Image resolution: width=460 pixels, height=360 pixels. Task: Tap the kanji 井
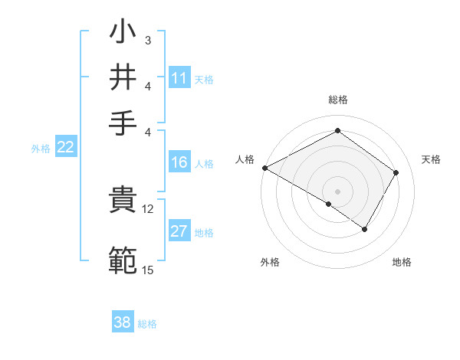pyautogui.click(x=123, y=78)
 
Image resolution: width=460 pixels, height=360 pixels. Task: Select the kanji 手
pyautogui.click(x=123, y=122)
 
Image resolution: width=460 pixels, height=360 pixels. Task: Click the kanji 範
pyautogui.click(x=123, y=260)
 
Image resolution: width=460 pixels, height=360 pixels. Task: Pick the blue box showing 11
pyautogui.click(x=179, y=78)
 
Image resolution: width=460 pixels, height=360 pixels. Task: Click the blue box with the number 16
pyautogui.click(x=179, y=162)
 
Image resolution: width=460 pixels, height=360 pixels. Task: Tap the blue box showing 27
pyautogui.click(x=179, y=232)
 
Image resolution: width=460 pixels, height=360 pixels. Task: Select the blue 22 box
pyautogui.click(x=65, y=148)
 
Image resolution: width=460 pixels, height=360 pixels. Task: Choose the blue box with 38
pyautogui.click(x=123, y=322)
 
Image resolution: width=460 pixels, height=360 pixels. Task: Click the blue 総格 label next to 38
pyautogui.click(x=147, y=324)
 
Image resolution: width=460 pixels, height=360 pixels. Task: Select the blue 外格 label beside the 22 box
pyautogui.click(x=40, y=149)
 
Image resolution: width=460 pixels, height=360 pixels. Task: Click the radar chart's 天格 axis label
pyautogui.click(x=431, y=159)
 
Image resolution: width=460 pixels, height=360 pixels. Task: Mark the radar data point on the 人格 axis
pyautogui.click(x=264, y=167)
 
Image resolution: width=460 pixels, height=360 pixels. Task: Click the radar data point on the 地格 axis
pyautogui.click(x=365, y=229)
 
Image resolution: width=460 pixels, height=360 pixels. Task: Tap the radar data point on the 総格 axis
pyautogui.click(x=337, y=131)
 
